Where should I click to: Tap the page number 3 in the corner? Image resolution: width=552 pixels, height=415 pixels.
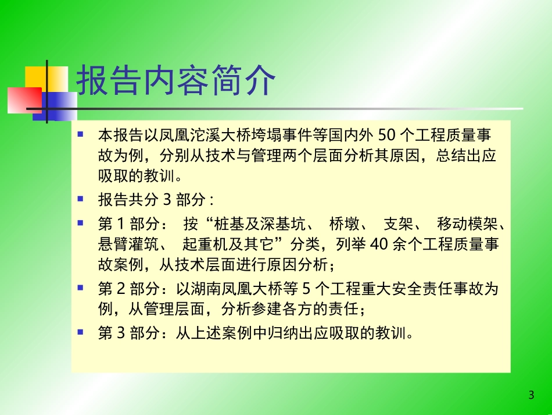point(531,396)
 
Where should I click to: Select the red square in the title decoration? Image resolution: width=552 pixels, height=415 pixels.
point(24,100)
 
